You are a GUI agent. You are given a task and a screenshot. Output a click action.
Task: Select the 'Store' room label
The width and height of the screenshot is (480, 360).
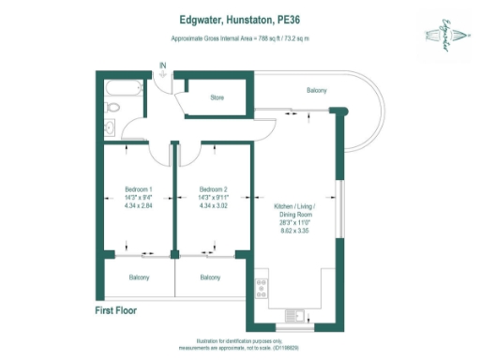point(217,97)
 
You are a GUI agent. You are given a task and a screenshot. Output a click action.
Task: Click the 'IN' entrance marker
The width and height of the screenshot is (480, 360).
point(163,66)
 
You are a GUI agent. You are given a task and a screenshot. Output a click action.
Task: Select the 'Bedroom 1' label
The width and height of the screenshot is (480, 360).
point(138,188)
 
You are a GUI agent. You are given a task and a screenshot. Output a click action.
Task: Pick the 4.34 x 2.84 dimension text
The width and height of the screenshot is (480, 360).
point(138,205)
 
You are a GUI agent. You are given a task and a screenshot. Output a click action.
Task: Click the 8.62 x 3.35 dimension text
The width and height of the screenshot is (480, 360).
point(293,230)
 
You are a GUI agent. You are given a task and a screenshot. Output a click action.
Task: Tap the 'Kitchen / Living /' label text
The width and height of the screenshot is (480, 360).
point(293,205)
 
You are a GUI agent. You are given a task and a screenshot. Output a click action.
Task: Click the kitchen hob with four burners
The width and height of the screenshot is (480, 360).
point(260,284)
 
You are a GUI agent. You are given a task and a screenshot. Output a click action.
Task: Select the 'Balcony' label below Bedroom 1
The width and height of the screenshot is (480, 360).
point(139,277)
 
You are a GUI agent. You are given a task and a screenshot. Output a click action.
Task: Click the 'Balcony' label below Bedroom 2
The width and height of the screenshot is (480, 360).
point(211,277)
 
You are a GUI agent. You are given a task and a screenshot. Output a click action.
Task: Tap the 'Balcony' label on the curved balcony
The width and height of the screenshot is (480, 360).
point(317,90)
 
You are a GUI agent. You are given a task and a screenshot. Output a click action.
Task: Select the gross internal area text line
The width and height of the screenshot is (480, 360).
point(239,37)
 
